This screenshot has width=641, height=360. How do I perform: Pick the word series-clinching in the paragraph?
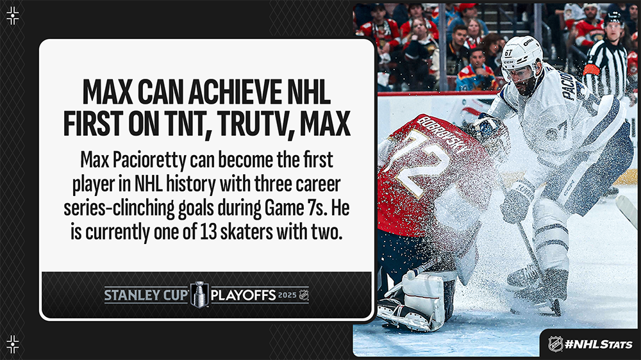point(119,208)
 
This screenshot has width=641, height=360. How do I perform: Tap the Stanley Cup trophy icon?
point(200,294)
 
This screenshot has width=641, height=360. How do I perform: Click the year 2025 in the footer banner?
point(287,295)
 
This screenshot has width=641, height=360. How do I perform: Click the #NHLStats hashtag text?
point(598,344)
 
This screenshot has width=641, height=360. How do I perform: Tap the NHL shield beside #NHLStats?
point(555,343)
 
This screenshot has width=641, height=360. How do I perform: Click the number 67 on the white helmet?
point(508,53)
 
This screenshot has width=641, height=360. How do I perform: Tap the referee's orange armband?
point(592,69)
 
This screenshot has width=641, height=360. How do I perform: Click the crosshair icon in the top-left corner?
point(13,15)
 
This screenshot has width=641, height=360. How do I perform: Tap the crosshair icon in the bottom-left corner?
point(13,344)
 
